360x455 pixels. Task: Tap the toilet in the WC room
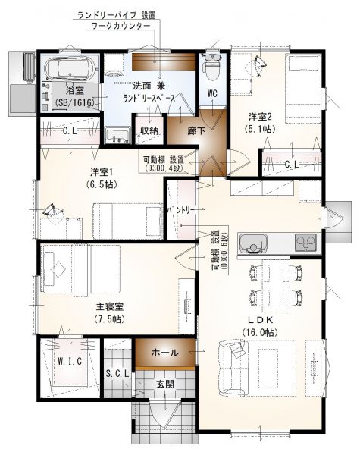[x=212, y=67]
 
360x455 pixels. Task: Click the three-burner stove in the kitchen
[x=305, y=243]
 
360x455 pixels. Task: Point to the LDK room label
[x=260, y=320]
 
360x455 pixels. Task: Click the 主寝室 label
[x=110, y=306]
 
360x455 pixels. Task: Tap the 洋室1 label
[x=102, y=172]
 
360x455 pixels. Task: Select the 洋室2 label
[x=260, y=117]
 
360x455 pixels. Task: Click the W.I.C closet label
[x=70, y=362]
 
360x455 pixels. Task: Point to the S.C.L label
[x=117, y=374]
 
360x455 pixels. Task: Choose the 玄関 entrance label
[x=165, y=384]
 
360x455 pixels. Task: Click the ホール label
[x=165, y=353]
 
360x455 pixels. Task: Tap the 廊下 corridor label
[x=196, y=131]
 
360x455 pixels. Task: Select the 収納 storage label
[x=149, y=131]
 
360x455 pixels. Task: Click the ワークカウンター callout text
[x=121, y=26]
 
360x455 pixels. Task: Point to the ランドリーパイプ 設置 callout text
[x=116, y=14]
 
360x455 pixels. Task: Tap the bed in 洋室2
[x=303, y=89]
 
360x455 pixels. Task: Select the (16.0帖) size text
[x=260, y=332]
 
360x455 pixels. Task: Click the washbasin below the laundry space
[x=117, y=136]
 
